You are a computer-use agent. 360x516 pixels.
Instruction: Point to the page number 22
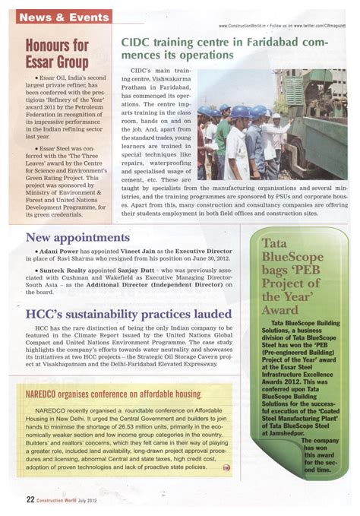tap(30, 499)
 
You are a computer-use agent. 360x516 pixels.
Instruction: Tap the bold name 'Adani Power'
tap(53, 251)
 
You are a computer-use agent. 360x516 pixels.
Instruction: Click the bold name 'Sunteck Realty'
tap(58, 270)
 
